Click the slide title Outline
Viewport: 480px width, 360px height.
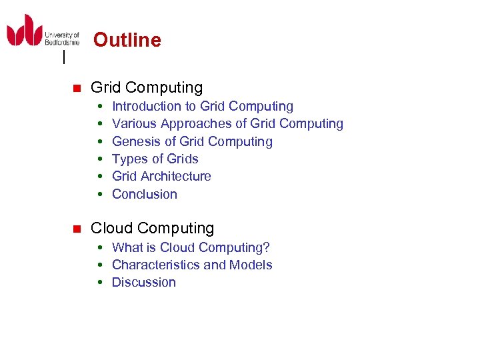(x=127, y=40)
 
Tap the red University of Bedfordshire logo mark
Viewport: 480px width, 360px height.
(x=25, y=31)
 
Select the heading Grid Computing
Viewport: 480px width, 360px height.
(x=147, y=87)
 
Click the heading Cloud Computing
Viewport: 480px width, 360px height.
(x=152, y=228)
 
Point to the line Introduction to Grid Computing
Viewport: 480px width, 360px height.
(x=203, y=106)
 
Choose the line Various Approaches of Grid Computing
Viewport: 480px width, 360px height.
(x=227, y=123)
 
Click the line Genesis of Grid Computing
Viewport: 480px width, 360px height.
(x=192, y=141)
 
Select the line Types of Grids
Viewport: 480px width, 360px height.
(x=155, y=159)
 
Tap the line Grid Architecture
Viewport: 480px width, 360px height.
(x=161, y=176)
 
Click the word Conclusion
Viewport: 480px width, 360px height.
(x=145, y=194)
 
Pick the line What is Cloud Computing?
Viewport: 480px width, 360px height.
(x=191, y=247)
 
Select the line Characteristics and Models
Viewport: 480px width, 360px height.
(x=192, y=265)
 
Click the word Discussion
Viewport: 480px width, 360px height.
(x=144, y=282)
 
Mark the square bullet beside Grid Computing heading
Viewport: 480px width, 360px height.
(x=76, y=88)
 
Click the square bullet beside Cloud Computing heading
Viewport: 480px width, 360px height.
(x=76, y=229)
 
